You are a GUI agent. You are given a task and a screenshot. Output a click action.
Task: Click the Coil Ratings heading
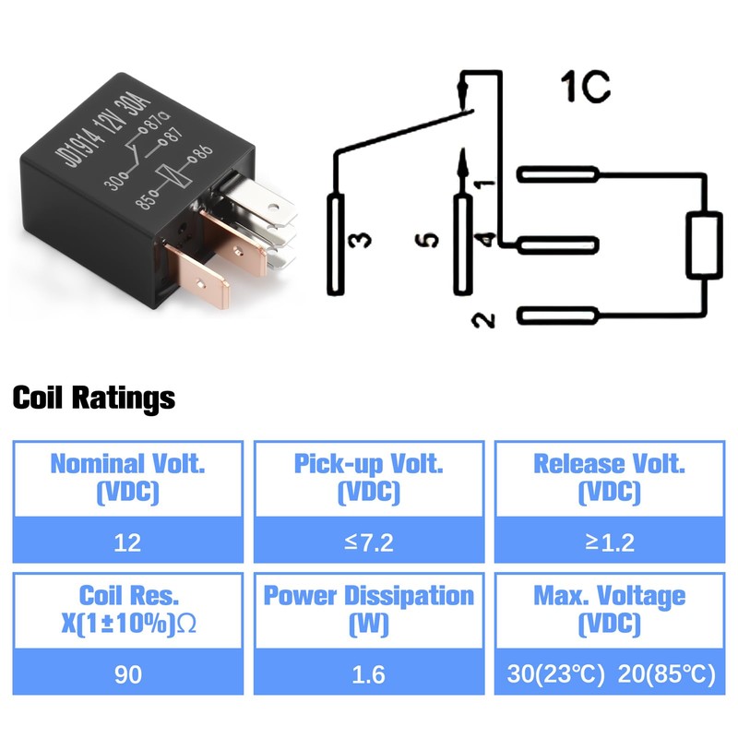[x=93, y=399]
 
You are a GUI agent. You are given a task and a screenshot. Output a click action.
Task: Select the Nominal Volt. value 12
[x=128, y=542]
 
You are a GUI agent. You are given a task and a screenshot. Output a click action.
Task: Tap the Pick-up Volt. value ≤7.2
[x=368, y=542]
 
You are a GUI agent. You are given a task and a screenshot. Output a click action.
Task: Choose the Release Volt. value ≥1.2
[x=609, y=542]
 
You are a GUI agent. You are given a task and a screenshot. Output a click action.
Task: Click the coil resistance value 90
[x=128, y=673]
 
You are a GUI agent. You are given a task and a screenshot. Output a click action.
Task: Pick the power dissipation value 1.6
[x=368, y=673]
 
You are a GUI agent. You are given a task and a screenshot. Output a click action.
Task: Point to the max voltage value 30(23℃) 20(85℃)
[x=609, y=673]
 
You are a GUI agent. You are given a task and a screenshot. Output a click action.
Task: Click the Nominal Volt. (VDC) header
[x=128, y=478]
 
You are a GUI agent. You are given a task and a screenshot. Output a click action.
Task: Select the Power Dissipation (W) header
[x=368, y=609]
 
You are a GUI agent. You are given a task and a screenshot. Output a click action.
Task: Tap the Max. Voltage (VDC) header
[x=609, y=609]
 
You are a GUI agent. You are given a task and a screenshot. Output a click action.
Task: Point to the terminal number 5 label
[x=427, y=241]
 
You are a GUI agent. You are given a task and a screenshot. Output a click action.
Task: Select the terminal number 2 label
[x=482, y=319]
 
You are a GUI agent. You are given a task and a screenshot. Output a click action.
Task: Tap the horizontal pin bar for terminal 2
[x=559, y=316]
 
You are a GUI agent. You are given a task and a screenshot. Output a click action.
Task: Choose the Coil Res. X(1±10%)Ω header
[x=128, y=609]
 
